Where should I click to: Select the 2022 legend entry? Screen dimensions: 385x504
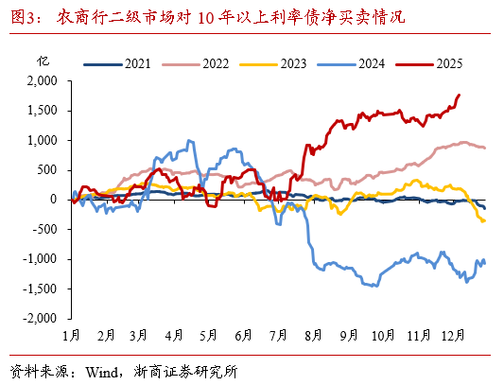click(201, 64)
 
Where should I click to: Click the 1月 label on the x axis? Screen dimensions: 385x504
click(71, 336)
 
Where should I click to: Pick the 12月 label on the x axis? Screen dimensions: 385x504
click(452, 336)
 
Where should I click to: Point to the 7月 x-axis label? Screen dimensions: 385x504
click(279, 336)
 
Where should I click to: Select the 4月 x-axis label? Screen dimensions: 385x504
click(174, 336)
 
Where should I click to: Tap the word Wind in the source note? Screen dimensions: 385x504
click(101, 369)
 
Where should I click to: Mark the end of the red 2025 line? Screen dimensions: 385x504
click(460, 95)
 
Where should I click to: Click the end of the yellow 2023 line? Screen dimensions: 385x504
click(485, 220)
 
